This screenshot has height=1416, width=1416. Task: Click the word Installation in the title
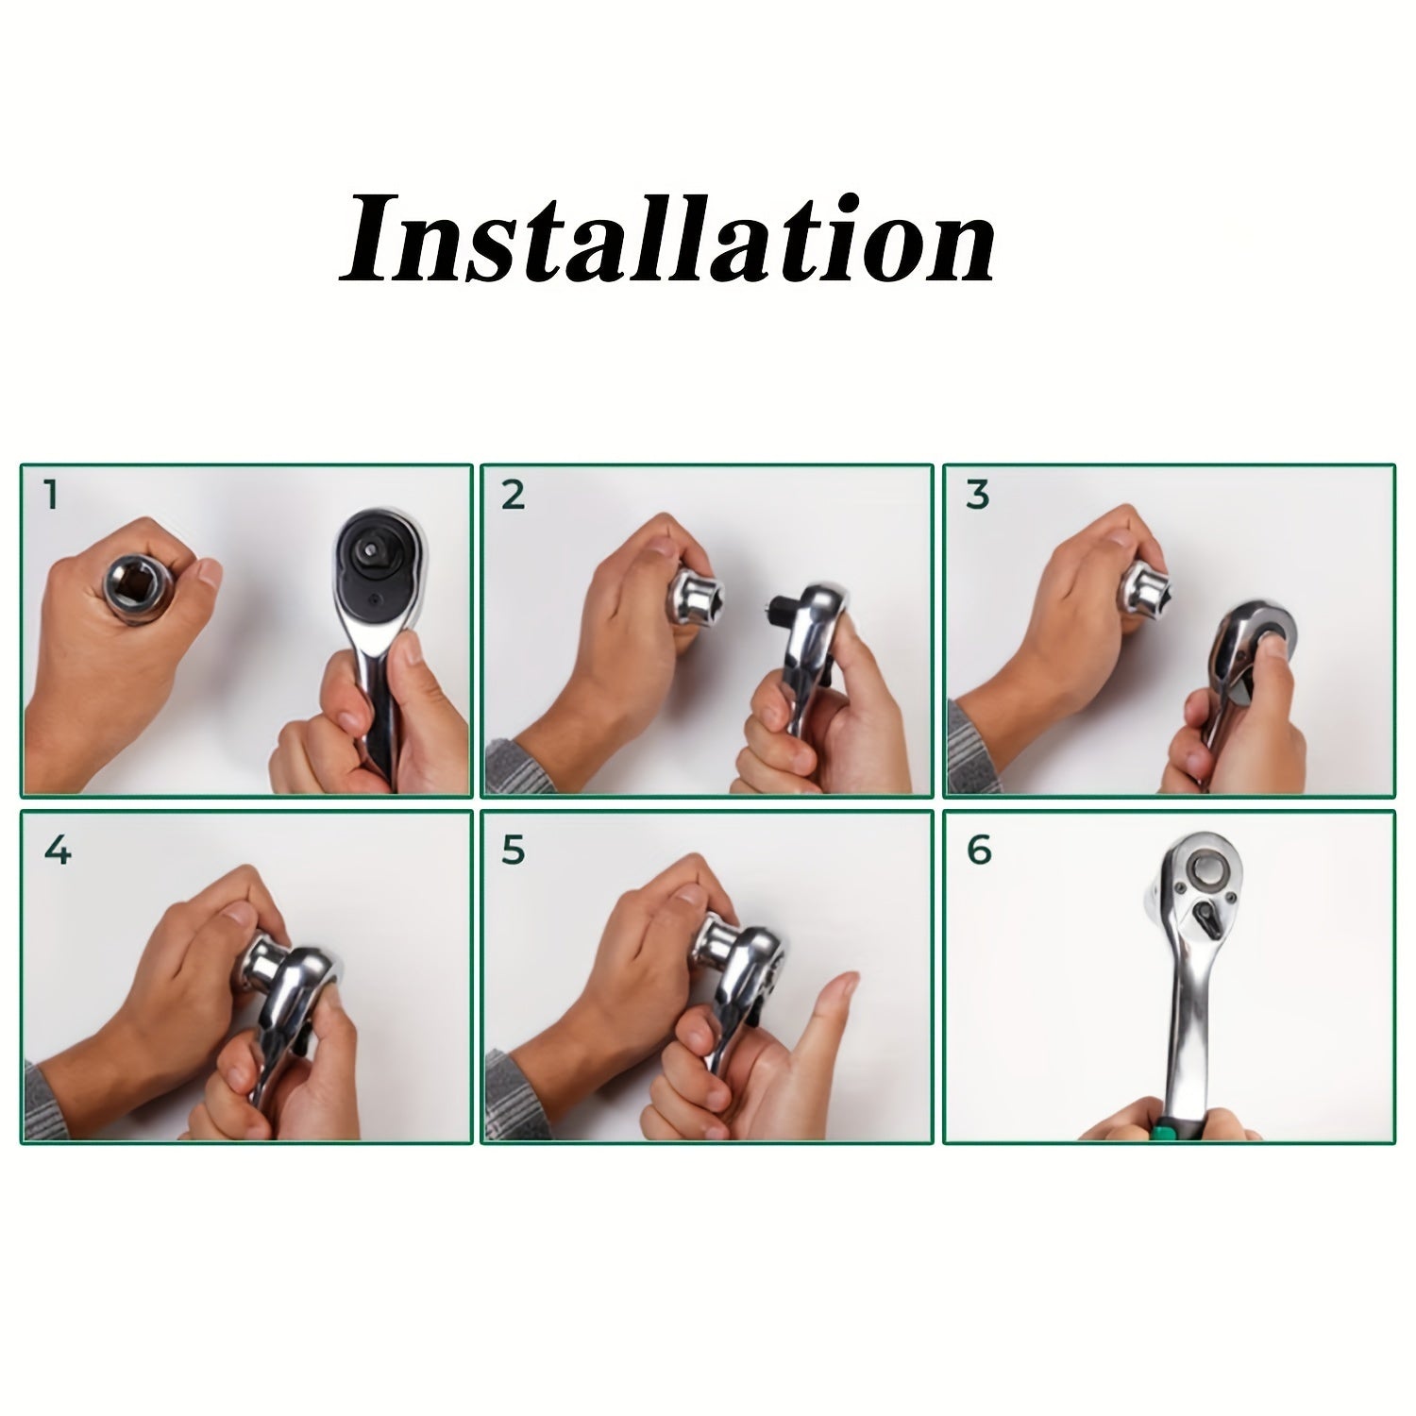pyautogui.click(x=667, y=239)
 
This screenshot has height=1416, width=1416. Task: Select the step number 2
pyautogui.click(x=513, y=496)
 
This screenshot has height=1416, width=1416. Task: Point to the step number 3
pyautogui.click(x=977, y=496)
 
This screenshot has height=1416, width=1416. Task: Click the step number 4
pyautogui.click(x=57, y=851)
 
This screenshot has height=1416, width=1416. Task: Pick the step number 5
pyautogui.click(x=513, y=851)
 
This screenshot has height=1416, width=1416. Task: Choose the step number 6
pyautogui.click(x=979, y=851)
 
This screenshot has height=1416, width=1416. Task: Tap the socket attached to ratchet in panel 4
pyautogui.click(x=269, y=950)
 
